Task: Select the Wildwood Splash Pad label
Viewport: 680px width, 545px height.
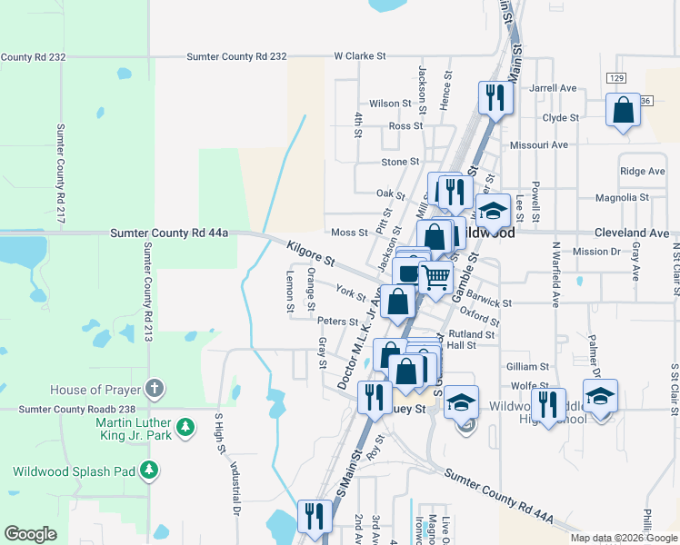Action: click(x=74, y=471)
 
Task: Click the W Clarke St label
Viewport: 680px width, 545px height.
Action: click(x=359, y=55)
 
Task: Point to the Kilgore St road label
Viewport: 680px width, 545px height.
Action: click(x=311, y=254)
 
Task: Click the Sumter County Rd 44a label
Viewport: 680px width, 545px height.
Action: click(x=169, y=233)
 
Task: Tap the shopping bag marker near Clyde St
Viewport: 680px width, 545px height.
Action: click(x=624, y=112)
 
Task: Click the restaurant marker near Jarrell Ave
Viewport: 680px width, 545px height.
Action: click(x=495, y=96)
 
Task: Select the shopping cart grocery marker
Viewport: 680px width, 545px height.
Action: click(x=436, y=277)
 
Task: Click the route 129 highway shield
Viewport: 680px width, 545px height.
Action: click(x=617, y=79)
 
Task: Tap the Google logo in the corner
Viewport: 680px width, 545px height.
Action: click(x=30, y=534)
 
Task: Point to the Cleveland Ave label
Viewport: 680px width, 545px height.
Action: click(x=632, y=233)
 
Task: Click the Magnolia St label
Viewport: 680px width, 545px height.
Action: click(x=622, y=197)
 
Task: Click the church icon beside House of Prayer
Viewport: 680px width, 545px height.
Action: click(x=155, y=390)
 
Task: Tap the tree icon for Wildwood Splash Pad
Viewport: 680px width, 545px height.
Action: click(x=150, y=471)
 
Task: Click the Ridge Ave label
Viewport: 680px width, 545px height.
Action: click(x=642, y=171)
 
